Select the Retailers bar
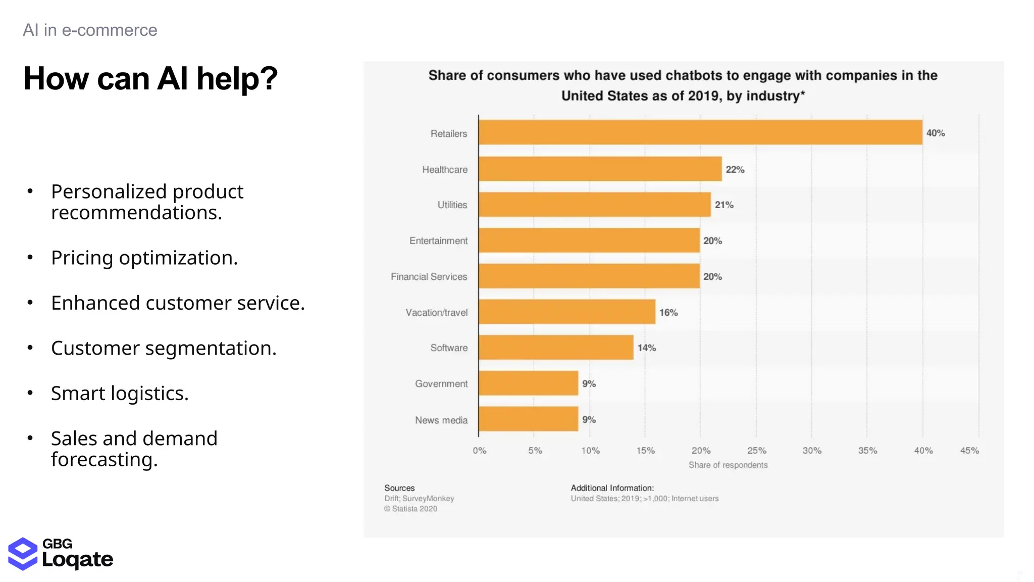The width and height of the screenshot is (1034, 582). pyautogui.click(x=700, y=132)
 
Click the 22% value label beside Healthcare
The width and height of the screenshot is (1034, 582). pyautogui.click(x=735, y=170)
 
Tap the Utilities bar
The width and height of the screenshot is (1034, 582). pyautogui.click(x=594, y=205)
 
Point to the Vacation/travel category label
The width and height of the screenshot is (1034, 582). pyautogui.click(x=436, y=313)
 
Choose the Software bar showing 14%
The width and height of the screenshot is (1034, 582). pyautogui.click(x=555, y=348)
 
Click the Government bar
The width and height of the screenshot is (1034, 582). pyautogui.click(x=528, y=383)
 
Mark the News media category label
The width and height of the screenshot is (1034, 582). pyautogui.click(x=441, y=420)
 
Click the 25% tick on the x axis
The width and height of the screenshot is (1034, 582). pyautogui.click(x=756, y=451)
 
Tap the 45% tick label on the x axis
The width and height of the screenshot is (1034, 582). pyautogui.click(x=969, y=451)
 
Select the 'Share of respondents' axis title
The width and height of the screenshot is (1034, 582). pyautogui.click(x=728, y=465)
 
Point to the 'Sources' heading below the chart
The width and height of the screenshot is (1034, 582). pyautogui.click(x=399, y=488)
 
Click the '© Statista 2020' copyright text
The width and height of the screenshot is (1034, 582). pyautogui.click(x=410, y=509)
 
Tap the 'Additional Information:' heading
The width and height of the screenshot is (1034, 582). pyautogui.click(x=612, y=488)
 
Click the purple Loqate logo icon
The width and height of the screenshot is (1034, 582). pyautogui.click(x=23, y=554)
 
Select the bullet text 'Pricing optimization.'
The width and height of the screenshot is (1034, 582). pyautogui.click(x=144, y=258)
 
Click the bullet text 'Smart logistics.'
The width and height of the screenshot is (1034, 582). pyautogui.click(x=120, y=394)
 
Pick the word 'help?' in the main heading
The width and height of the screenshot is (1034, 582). pyautogui.click(x=237, y=79)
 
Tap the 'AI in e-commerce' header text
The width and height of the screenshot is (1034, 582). pyautogui.click(x=90, y=30)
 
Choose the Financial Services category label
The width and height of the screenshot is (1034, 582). pyautogui.click(x=429, y=277)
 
